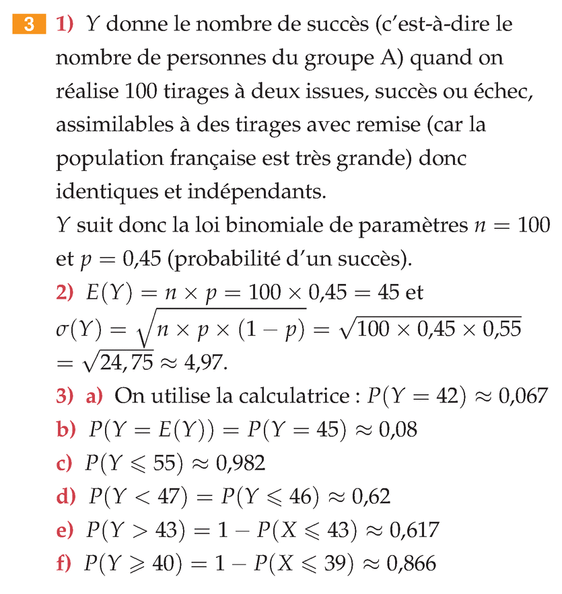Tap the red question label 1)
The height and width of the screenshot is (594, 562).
[65, 26]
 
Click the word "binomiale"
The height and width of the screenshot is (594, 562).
[285, 225]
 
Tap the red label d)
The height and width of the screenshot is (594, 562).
[66, 497]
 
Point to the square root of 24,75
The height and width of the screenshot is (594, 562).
[126, 363]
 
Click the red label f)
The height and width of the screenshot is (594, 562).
[64, 564]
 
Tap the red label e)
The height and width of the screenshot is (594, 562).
[65, 531]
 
